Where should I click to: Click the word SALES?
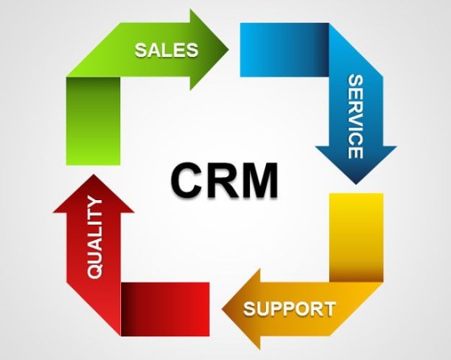click(x=166, y=50)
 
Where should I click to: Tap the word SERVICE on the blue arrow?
click(x=355, y=116)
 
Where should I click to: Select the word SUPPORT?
click(x=290, y=309)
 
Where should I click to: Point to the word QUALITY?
click(x=95, y=237)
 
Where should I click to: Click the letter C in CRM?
click(x=185, y=180)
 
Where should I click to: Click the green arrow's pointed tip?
click(x=228, y=50)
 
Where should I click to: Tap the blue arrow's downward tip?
click(x=356, y=184)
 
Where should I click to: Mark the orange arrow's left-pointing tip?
click(x=222, y=309)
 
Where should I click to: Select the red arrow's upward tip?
click(x=93, y=175)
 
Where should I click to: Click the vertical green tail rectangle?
click(x=93, y=121)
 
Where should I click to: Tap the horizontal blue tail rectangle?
click(x=285, y=50)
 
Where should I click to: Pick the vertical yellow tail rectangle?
click(x=356, y=237)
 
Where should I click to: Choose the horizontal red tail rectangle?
click(x=165, y=309)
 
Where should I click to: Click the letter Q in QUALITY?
click(x=95, y=271)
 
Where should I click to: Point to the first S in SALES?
click(x=141, y=50)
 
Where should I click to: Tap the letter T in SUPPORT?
click(x=329, y=309)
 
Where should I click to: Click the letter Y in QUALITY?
click(x=95, y=202)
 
